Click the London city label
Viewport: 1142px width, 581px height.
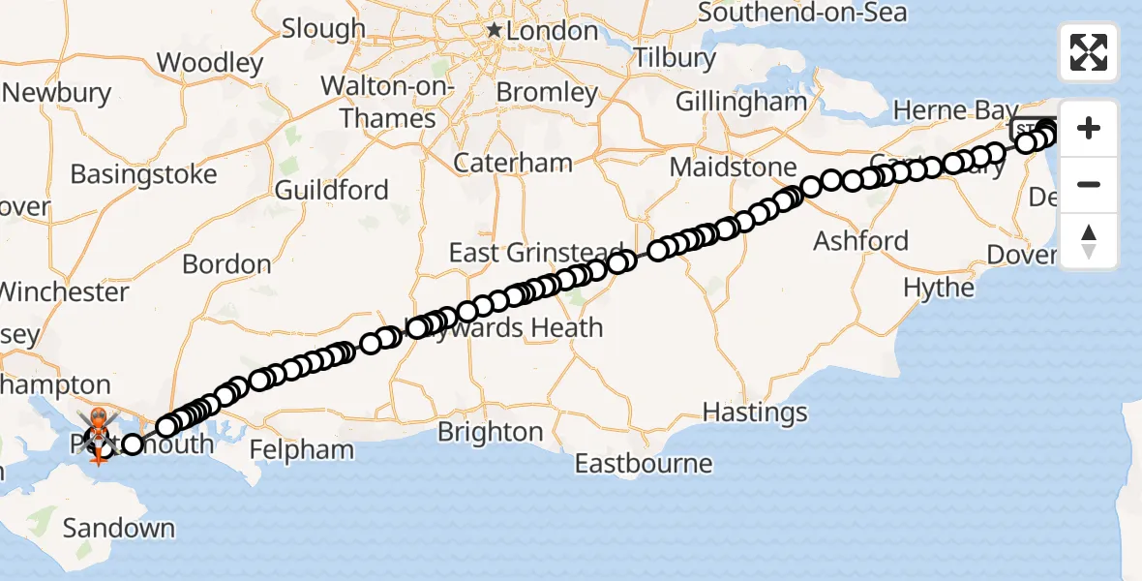[x=554, y=31]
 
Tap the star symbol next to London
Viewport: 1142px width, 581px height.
[x=495, y=31]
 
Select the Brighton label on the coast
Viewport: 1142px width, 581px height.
[x=491, y=432]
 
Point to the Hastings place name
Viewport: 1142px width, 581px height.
[x=755, y=413]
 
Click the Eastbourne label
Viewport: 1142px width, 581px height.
[x=644, y=464]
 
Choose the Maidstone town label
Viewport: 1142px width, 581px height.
[x=733, y=168]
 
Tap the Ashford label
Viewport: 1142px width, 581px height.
[x=861, y=240]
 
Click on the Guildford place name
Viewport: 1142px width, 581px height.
[x=332, y=190]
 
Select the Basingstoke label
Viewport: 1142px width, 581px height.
[x=143, y=176]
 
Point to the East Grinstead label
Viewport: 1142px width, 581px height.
[x=534, y=253]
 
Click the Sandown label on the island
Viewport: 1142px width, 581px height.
[x=119, y=528]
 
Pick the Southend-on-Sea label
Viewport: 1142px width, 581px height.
[x=802, y=13]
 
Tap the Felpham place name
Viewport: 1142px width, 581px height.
[x=302, y=450]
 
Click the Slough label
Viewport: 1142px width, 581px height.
[x=324, y=29]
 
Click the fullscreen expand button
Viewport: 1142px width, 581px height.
[x=1089, y=52]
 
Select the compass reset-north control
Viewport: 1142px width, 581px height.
[x=1089, y=241]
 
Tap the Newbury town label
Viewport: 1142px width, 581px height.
[x=57, y=94]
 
